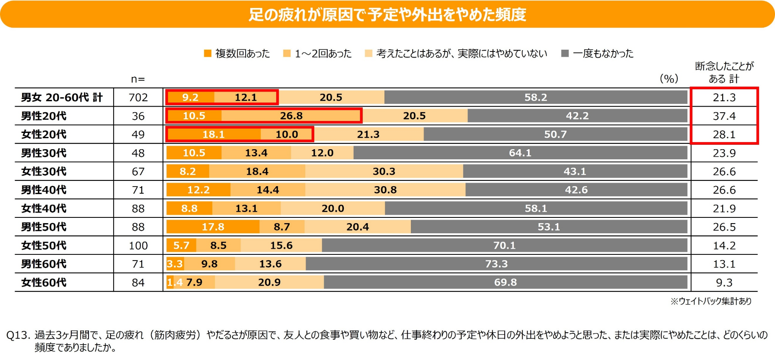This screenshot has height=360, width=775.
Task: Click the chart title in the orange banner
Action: point(387,15)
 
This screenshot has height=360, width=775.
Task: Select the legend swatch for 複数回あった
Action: point(208,53)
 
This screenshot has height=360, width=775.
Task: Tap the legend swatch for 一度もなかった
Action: point(565,53)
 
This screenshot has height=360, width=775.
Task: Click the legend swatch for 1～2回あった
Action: point(287,53)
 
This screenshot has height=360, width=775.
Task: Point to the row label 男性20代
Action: point(44,116)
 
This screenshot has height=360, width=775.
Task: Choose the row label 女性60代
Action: point(44,283)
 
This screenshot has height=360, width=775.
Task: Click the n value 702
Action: point(138,98)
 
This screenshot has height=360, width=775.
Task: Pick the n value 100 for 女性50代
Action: point(138,246)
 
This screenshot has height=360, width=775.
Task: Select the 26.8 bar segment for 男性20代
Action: point(291,116)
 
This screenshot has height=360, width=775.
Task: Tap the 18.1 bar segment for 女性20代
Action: point(214,134)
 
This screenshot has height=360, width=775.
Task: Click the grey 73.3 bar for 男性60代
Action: point(496,264)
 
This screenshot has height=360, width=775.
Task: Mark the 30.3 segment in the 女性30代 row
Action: point(384,171)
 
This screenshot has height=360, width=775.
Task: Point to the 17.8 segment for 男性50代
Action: point(213,227)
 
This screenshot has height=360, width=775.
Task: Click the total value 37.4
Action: point(724,116)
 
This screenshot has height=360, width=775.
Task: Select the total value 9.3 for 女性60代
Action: point(724,283)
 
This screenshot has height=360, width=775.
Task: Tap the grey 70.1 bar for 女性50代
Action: point(504,246)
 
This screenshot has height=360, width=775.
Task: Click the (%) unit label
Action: point(669,79)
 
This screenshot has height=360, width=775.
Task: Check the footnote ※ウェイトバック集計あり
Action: point(711,301)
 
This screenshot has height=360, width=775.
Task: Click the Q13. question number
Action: point(18,335)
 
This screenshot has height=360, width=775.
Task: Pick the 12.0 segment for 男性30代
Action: point(322,153)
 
